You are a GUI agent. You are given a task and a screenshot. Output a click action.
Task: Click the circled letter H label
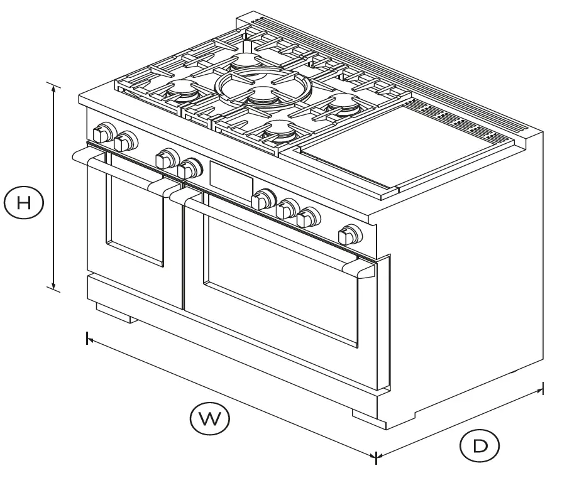click(x=23, y=203)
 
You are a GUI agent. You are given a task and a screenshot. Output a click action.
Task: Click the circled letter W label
click(x=210, y=418)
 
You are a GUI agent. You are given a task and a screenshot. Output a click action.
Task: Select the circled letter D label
click(x=480, y=446)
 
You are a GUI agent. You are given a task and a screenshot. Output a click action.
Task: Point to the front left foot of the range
click(x=113, y=312)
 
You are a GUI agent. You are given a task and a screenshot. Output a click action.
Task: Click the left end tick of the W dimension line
click(x=87, y=338)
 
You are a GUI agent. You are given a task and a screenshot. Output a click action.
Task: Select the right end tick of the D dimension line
click(x=542, y=389)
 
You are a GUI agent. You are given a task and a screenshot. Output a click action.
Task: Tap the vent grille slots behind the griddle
click(x=465, y=119)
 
